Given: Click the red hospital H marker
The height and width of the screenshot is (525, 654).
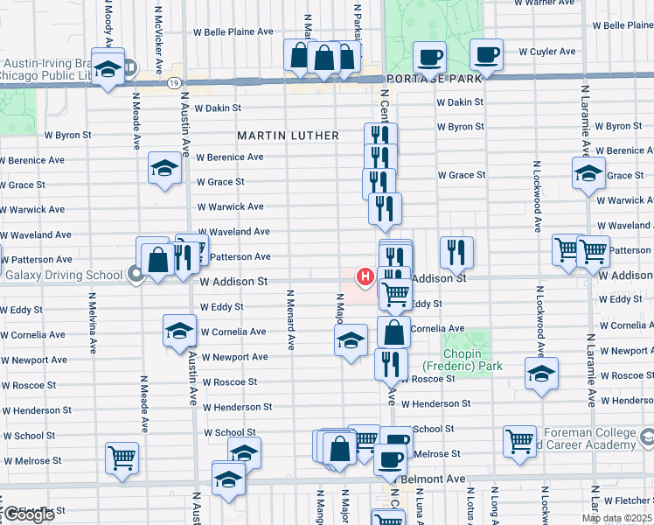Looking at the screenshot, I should tap(365, 277).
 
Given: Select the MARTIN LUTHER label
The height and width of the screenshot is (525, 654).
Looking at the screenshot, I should tap(289, 136).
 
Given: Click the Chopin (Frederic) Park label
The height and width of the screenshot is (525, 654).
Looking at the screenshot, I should tap(463, 359).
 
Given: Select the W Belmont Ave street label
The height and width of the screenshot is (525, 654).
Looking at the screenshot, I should tap(435, 479).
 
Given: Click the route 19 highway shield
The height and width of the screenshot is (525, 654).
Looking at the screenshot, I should tap(176, 82).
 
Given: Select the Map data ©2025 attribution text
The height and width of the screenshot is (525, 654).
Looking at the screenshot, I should tap(616, 518).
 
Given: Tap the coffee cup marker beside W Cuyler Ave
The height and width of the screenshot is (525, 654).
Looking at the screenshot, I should tap(485, 56).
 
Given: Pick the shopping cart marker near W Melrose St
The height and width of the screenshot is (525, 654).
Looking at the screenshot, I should tap(122, 458).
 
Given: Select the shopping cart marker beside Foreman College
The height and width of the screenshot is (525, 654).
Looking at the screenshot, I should tap(520, 440).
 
